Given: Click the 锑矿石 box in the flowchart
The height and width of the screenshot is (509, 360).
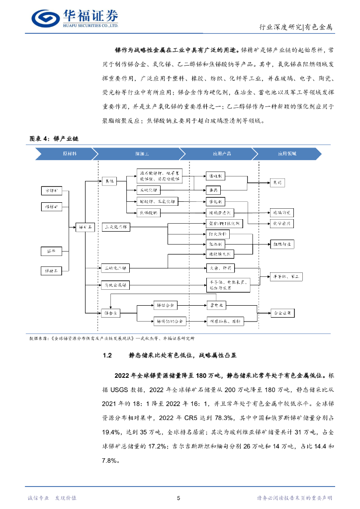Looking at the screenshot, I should (x=86, y=227).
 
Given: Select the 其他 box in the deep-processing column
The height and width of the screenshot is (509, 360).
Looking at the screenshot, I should (x=109, y=182).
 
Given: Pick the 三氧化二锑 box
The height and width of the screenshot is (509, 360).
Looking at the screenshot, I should (x=116, y=227).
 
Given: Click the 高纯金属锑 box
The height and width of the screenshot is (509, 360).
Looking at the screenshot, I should (x=115, y=285).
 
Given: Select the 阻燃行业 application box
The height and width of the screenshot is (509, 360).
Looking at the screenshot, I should (x=282, y=244).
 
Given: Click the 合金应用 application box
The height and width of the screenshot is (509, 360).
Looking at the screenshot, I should (x=282, y=313).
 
